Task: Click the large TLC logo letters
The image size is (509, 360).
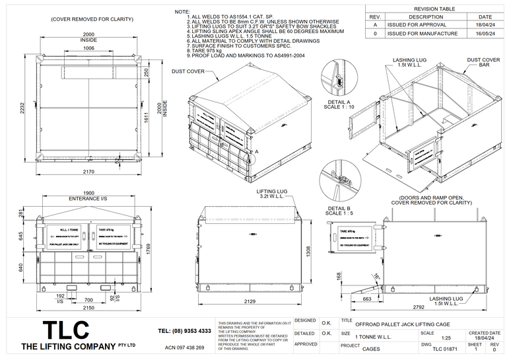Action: (67, 331)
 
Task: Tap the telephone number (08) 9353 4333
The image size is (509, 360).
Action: (185, 331)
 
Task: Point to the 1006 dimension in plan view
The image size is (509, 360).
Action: (88, 48)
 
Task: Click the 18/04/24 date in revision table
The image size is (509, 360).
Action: (485, 24)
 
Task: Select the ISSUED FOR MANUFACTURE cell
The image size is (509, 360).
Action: (423, 33)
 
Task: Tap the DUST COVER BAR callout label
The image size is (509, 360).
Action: (484, 63)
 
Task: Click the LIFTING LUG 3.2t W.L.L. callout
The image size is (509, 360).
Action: (274, 193)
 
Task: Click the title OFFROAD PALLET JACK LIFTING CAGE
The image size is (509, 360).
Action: (403, 325)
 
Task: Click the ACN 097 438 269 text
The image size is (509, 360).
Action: (184, 347)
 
